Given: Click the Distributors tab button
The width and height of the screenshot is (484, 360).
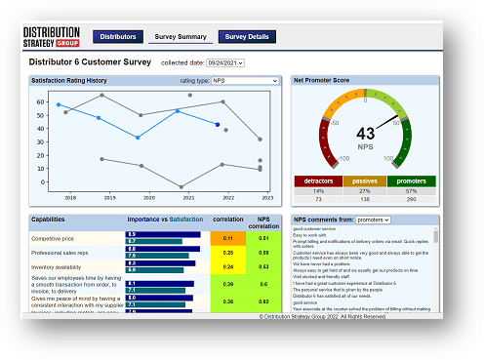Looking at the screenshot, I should tap(118, 37).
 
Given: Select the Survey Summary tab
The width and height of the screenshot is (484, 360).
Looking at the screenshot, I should tap(180, 37).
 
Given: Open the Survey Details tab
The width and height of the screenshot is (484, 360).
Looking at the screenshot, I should tap(246, 37).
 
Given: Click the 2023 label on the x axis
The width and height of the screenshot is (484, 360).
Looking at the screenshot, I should tap(266, 197).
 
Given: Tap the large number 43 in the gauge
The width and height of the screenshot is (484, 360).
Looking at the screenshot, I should tap(365, 133).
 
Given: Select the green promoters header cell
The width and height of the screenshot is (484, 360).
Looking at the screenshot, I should tap(411, 180).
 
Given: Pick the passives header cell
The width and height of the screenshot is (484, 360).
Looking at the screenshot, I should tap(364, 180).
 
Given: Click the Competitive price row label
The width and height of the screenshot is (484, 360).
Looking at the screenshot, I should tap(55, 237).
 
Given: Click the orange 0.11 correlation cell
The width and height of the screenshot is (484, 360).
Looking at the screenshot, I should tap(228, 237).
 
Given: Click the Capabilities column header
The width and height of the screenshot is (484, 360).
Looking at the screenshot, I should tap(49, 220).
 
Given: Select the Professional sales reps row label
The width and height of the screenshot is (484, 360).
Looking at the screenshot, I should tap(60, 252).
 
